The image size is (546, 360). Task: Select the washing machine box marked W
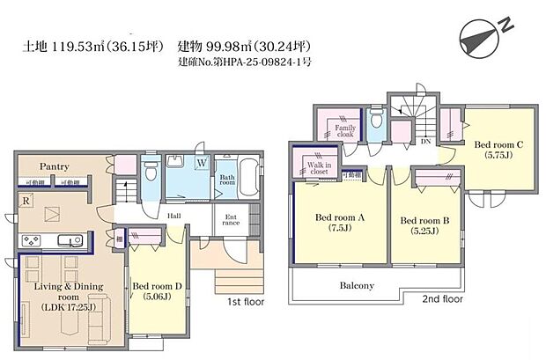coord(201,163)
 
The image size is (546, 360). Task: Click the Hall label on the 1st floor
coord(174,214)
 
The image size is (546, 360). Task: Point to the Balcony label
coord(357,285)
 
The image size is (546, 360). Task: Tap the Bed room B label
coord(426,220)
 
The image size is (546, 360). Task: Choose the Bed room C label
coord(500,144)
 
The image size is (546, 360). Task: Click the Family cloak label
coord(345,132)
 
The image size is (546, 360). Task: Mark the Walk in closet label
coord(319,167)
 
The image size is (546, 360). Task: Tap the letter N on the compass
coord(506,26)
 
